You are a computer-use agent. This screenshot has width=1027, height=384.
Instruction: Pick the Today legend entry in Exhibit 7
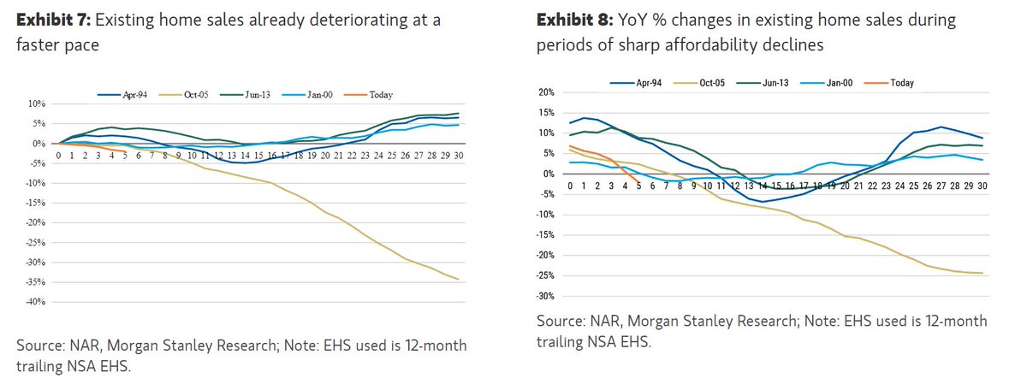click(x=376, y=95)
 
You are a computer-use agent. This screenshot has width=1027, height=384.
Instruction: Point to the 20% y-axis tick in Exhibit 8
click(x=546, y=92)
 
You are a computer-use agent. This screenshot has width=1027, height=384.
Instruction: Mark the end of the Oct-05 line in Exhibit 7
click(x=460, y=280)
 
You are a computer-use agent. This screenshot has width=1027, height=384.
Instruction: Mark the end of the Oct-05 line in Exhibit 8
click(x=980, y=274)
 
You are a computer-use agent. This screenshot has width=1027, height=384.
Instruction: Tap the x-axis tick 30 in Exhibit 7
click(x=460, y=157)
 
